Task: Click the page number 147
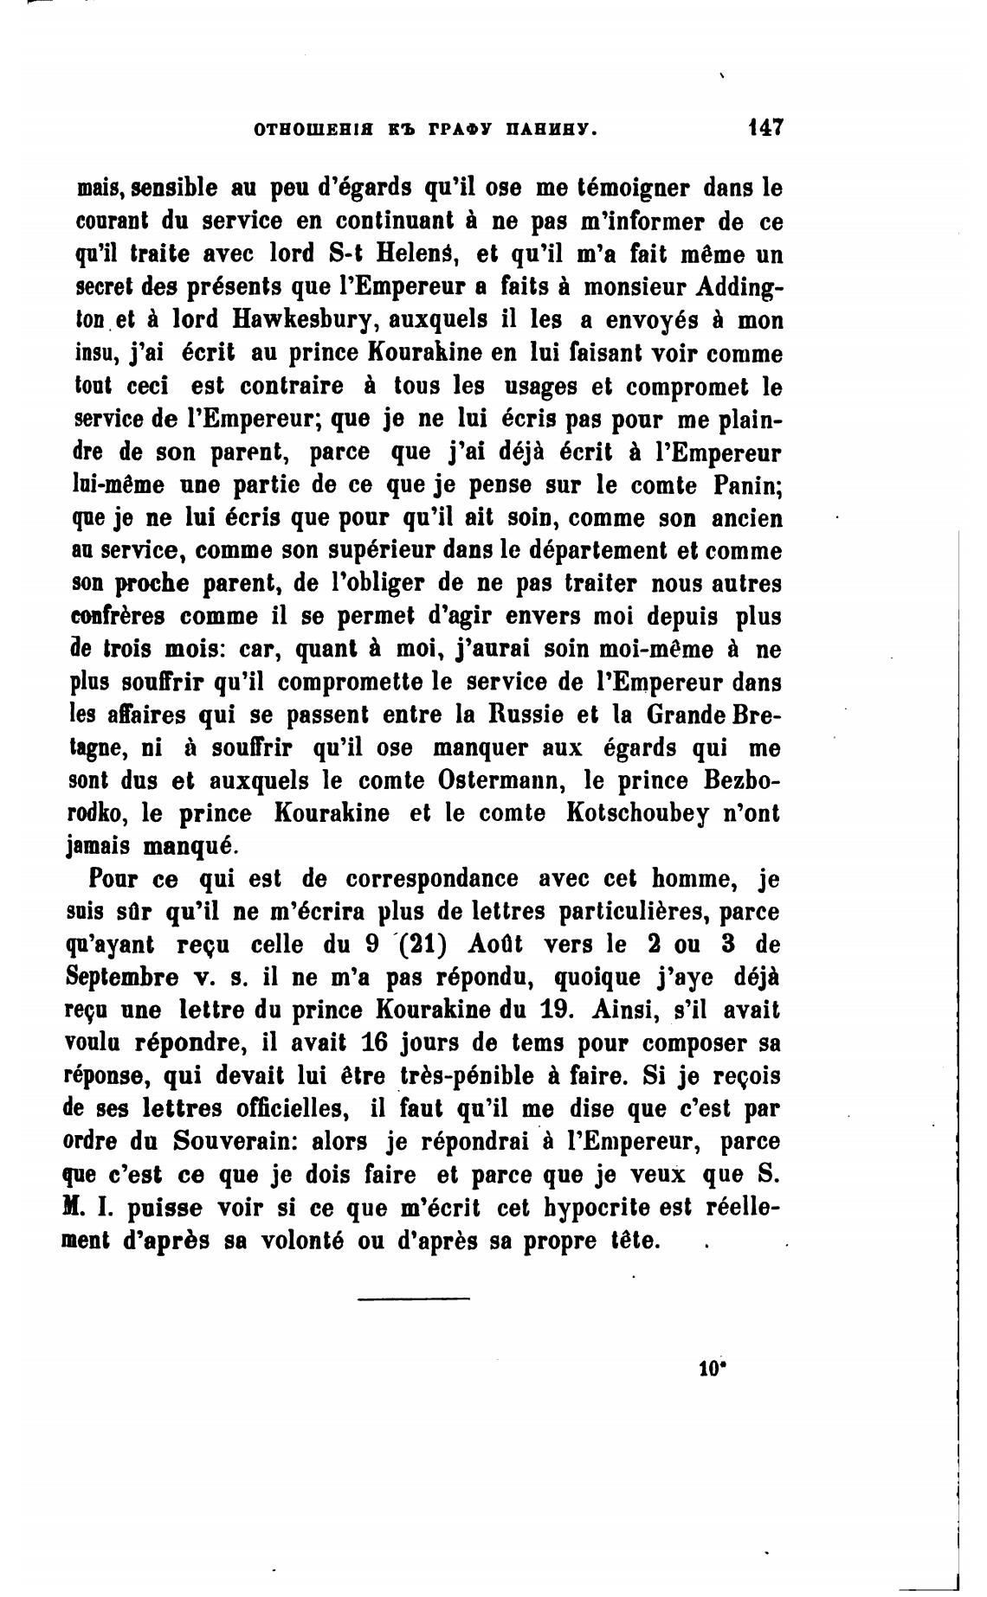click(x=766, y=128)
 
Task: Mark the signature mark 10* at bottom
click(x=711, y=1369)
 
